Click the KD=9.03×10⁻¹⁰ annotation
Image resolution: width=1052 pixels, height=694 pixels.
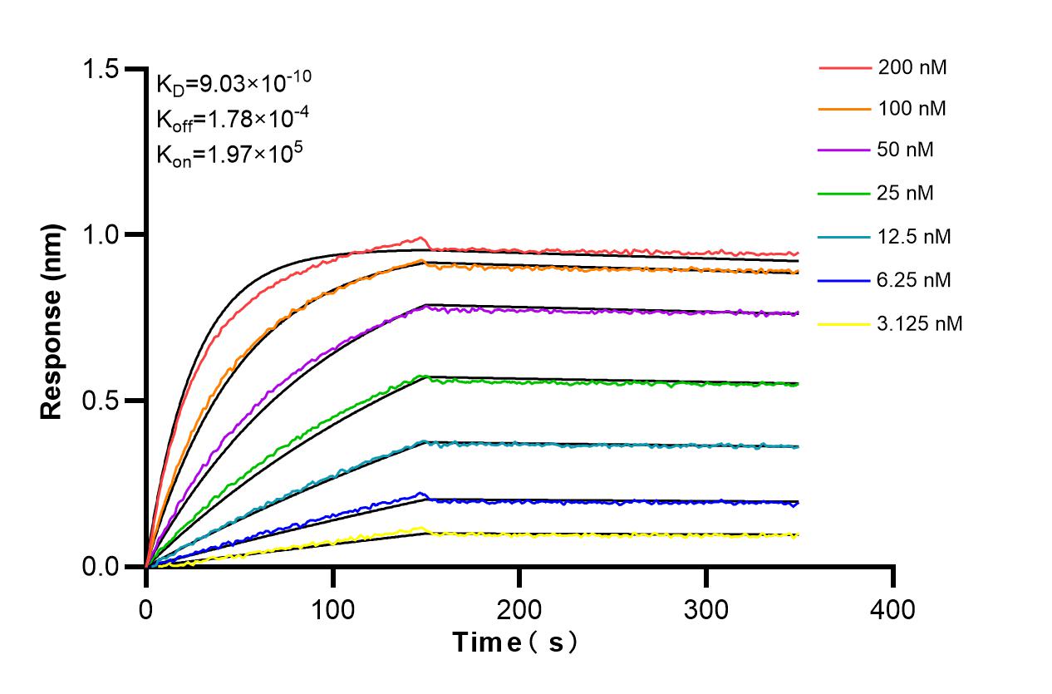pos(234,82)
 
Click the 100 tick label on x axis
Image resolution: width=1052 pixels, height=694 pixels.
pos(332,609)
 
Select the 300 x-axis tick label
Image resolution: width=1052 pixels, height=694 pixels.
pos(706,609)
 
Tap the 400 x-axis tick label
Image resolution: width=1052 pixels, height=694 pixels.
pos(893,609)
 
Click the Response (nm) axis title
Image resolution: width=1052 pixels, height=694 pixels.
pos(52,317)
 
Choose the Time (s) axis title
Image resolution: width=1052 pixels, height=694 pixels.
pos(515,642)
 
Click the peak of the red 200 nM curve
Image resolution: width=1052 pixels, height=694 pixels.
pos(421,238)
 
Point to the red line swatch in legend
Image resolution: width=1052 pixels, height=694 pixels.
pos(843,68)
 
